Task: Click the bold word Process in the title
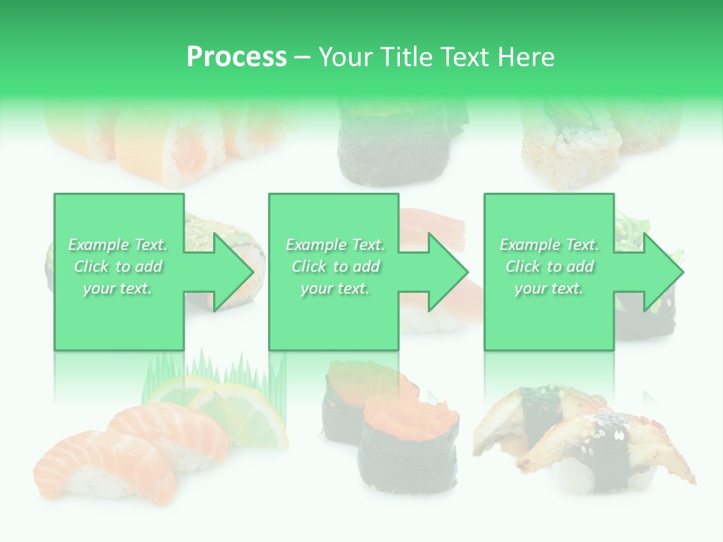point(236,57)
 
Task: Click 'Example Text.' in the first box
point(117,245)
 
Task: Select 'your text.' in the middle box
point(334,288)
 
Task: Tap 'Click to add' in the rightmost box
point(549,266)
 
